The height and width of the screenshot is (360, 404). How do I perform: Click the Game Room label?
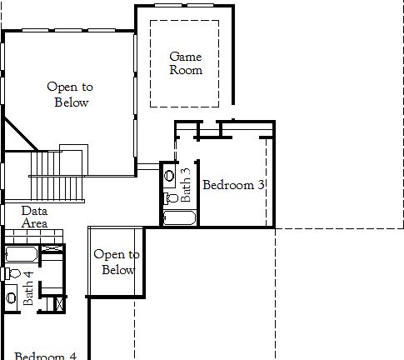pyautogui.click(x=186, y=63)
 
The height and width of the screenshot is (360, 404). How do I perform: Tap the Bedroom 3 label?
pyautogui.click(x=233, y=185)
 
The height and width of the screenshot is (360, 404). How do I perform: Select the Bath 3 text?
pyautogui.click(x=186, y=185)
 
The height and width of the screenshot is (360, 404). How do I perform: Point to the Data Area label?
pyautogui.click(x=34, y=217)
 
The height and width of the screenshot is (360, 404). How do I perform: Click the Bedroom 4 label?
pyautogui.click(x=45, y=355)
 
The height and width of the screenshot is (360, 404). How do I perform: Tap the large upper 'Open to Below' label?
pyautogui.click(x=71, y=94)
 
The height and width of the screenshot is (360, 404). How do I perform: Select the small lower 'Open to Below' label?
pyautogui.click(x=117, y=262)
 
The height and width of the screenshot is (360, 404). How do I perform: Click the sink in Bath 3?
pyautogui.click(x=170, y=177)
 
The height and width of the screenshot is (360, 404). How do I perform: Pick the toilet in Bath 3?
pyautogui.click(x=169, y=197)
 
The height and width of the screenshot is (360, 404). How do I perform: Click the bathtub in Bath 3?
pyautogui.click(x=178, y=218)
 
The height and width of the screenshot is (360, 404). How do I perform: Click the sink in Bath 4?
pyautogui.click(x=11, y=297)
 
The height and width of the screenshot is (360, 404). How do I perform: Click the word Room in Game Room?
pyautogui.click(x=186, y=71)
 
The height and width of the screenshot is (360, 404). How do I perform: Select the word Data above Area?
pyautogui.click(x=34, y=212)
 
